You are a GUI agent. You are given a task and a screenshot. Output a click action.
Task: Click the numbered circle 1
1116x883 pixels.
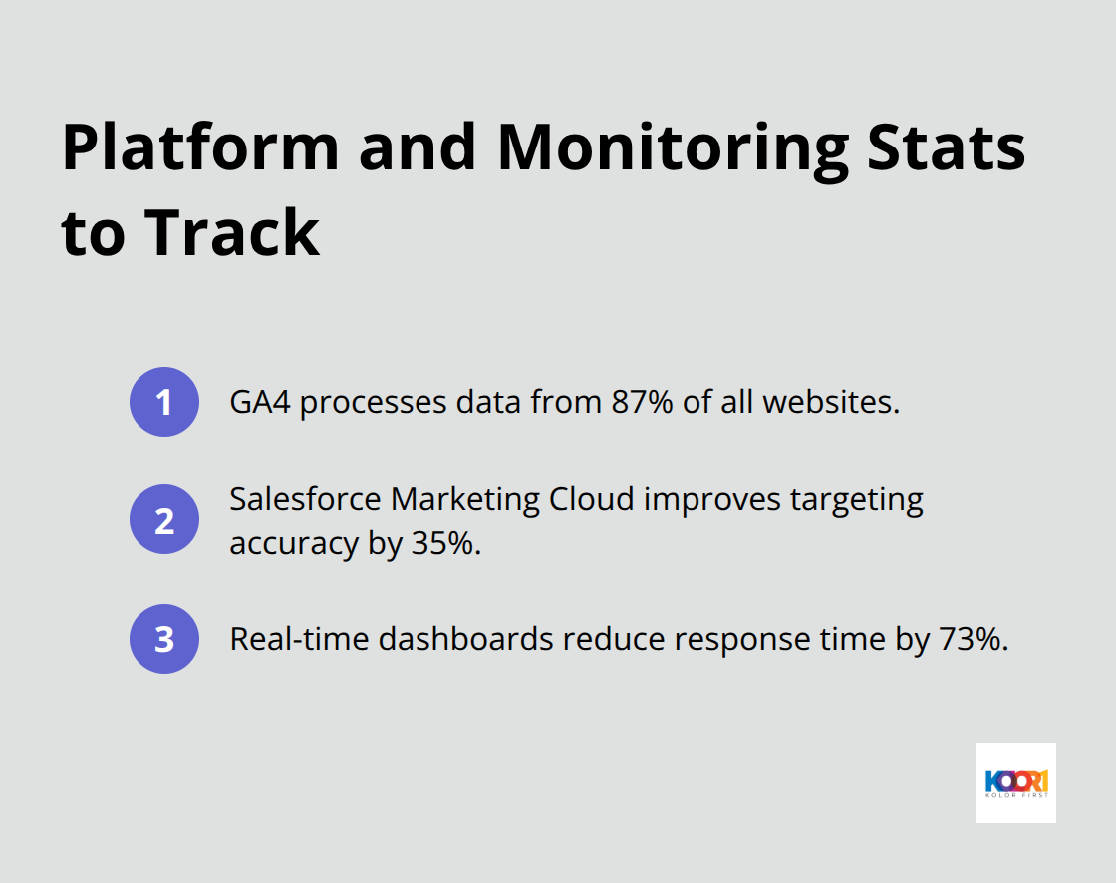tap(164, 402)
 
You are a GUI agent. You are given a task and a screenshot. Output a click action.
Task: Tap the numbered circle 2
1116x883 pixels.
tap(164, 519)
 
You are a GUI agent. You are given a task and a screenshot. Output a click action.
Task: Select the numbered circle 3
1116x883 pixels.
tap(164, 639)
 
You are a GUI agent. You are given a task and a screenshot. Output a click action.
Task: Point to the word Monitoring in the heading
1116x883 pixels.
tap(673, 147)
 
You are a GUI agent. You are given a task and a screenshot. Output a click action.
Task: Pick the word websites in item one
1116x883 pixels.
tap(831, 402)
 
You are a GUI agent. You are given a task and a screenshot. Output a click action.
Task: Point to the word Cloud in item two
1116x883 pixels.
tap(592, 498)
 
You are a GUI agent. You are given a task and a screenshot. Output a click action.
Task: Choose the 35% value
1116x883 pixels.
tap(444, 543)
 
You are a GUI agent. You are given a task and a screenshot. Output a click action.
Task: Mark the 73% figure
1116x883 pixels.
tap(971, 639)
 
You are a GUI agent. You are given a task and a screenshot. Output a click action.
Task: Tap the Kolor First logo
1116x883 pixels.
tap(1015, 782)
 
